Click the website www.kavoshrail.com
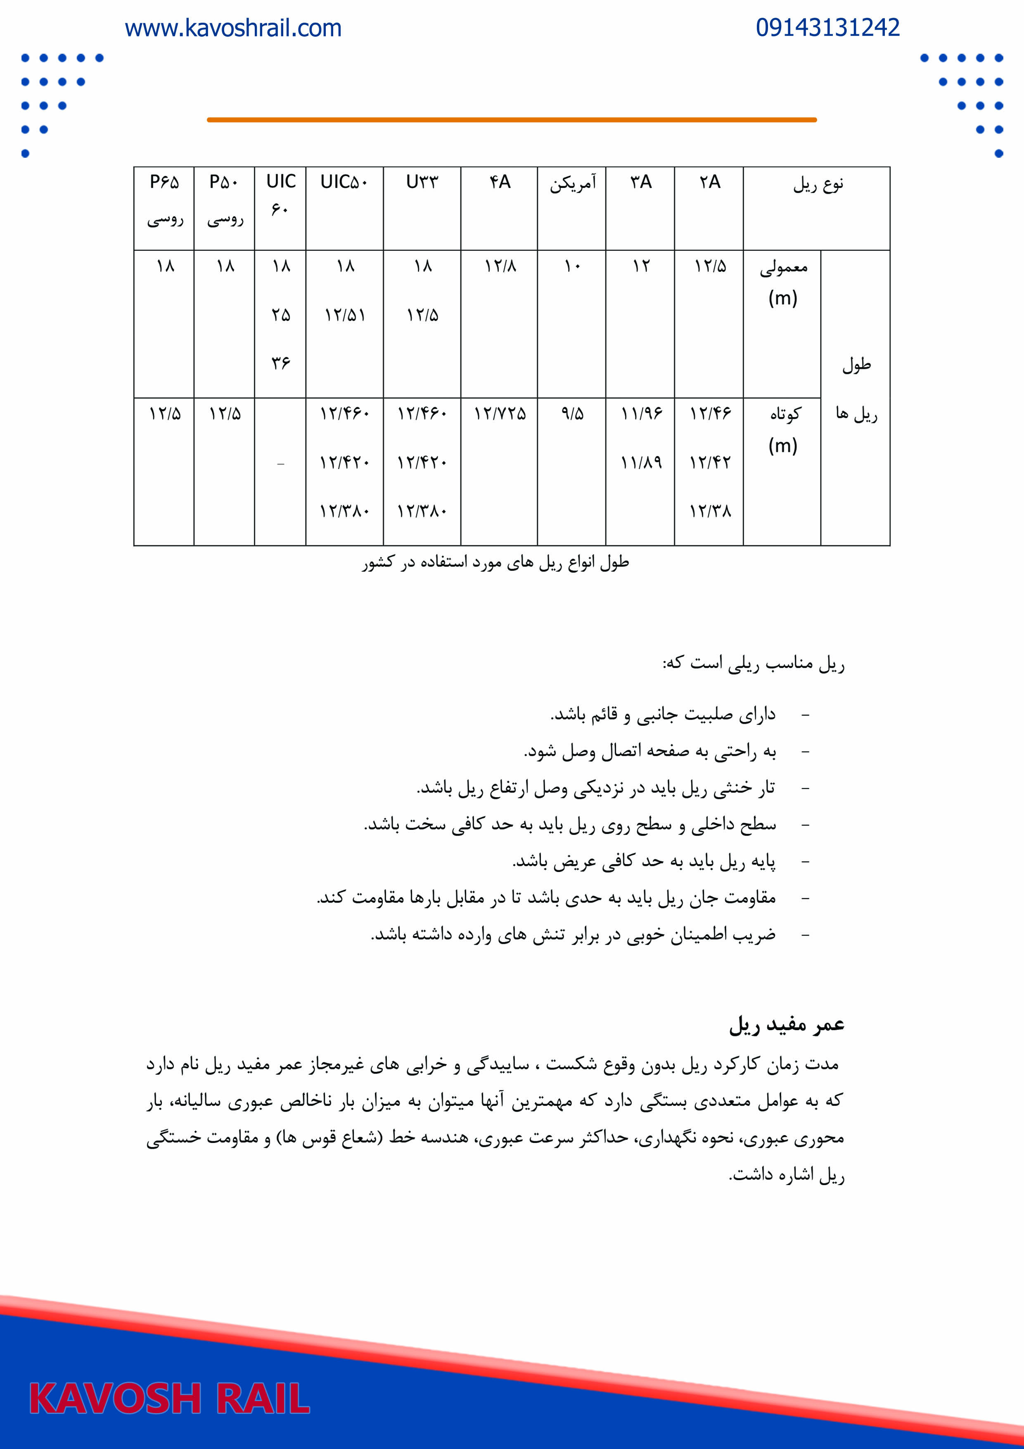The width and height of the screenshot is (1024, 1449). point(233,29)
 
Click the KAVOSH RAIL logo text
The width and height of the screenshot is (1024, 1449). point(169,1399)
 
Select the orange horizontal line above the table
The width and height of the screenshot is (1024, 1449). point(511,119)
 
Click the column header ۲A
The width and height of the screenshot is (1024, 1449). point(709,183)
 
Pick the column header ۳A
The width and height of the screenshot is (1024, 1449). point(640,183)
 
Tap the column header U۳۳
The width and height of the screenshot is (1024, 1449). point(422,183)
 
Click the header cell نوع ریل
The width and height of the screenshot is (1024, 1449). point(818,184)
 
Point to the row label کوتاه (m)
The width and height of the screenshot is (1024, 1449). point(783,429)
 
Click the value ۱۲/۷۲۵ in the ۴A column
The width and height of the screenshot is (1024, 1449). point(500,414)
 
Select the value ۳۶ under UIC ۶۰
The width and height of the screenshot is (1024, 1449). point(281,363)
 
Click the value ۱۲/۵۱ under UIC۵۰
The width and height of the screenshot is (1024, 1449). point(344,315)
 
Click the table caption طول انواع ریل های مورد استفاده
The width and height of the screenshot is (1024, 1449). point(496,562)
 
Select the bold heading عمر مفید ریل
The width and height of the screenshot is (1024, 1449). point(786,1025)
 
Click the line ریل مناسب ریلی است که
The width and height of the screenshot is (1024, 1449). point(753,664)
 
